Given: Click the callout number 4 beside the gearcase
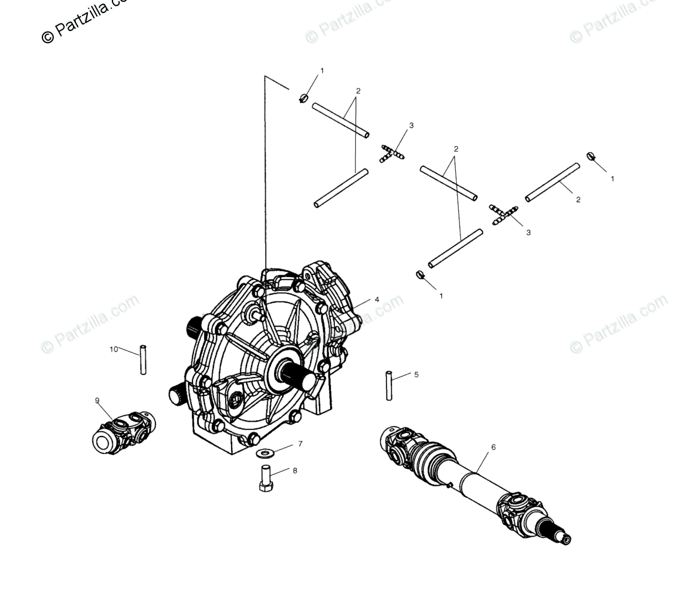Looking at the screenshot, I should coord(377,300).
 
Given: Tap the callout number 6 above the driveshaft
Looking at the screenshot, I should coord(493,447).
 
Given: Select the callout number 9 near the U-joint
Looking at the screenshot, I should coord(97,401).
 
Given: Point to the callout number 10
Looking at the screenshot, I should coord(114,349).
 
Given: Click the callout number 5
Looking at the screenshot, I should coord(416,375).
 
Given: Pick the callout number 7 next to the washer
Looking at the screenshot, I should coord(300,444).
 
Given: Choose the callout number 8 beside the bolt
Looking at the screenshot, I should coord(295,471).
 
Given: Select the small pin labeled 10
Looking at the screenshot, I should coord(143,360).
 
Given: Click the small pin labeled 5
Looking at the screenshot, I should coord(389,385).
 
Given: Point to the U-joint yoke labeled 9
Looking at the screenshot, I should coord(123,432).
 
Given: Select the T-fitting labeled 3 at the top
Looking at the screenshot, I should coord(392,153).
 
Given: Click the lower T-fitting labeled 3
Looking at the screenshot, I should coord(504,215).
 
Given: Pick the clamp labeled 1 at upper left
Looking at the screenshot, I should coord(304,98).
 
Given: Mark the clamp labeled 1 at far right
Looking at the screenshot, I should coord(591,157).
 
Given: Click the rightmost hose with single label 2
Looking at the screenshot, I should coord(552,182).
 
